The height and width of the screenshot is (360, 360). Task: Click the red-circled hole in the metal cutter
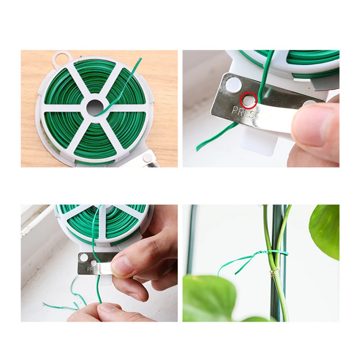(x=249, y=100)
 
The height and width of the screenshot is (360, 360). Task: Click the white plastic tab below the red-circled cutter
(x=261, y=142)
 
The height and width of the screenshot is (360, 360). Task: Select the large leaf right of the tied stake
(x=325, y=230)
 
